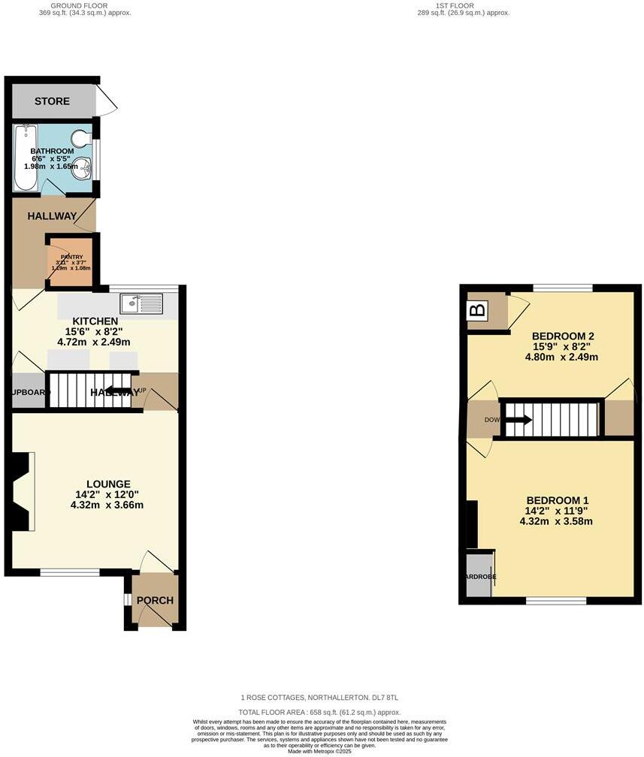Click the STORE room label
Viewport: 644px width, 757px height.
coord(52,101)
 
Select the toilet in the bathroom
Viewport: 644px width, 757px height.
coord(81,139)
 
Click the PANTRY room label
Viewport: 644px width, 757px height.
coord(71,257)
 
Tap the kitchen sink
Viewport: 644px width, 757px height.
coord(141,303)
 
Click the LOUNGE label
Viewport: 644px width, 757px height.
coord(108,484)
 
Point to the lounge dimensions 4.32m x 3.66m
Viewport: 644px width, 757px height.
coord(108,505)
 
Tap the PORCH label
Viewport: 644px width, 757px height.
coord(155,601)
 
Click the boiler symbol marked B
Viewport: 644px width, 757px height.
coord(476,310)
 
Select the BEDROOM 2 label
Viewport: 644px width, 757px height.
coord(563,336)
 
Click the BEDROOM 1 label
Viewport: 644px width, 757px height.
coord(557,500)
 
